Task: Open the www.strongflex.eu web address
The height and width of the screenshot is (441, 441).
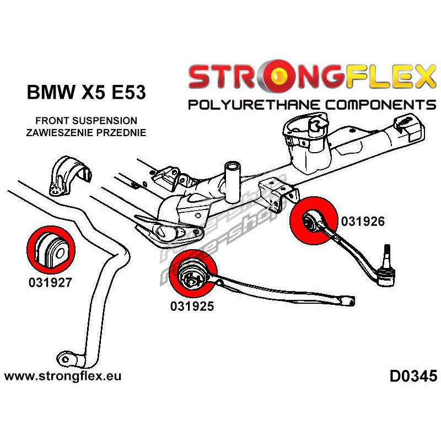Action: coord(63,377)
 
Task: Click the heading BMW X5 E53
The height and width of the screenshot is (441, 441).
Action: coord(86,92)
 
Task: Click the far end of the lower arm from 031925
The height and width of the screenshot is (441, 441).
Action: coord(347,301)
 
